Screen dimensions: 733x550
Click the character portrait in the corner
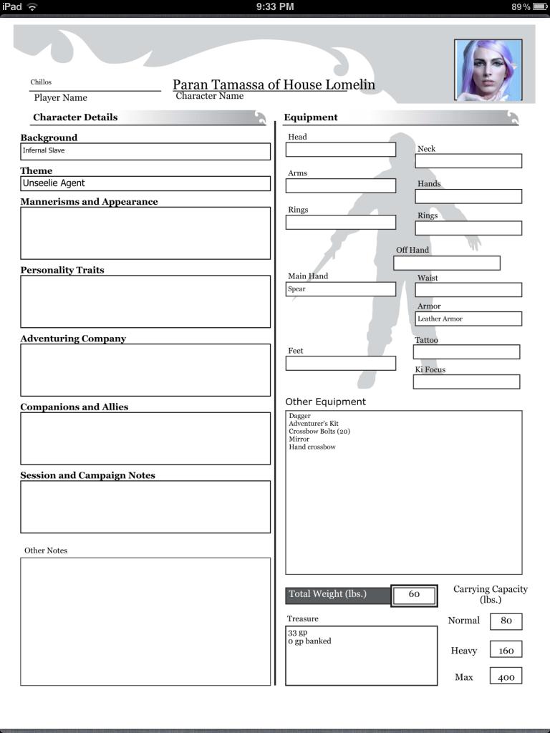coord(488,69)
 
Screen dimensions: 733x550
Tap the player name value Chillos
coord(42,82)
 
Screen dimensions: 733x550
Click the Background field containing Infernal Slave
coord(145,151)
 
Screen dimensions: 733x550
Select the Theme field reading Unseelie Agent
coord(145,183)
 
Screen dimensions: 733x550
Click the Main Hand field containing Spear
coord(340,289)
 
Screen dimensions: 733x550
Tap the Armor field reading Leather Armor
coord(468,319)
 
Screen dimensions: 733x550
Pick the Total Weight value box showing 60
coord(414,595)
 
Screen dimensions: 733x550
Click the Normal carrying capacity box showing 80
coord(506,621)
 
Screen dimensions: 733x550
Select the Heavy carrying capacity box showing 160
coord(506,650)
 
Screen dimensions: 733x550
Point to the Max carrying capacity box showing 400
coord(506,676)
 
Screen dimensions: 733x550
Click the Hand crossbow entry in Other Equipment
coord(312,447)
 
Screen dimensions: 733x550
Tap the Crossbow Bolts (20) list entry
coord(319,432)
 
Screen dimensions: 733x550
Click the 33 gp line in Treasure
coord(298,634)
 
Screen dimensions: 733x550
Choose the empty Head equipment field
coord(340,149)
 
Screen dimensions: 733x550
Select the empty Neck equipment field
coord(468,161)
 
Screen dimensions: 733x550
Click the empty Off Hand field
coord(446,263)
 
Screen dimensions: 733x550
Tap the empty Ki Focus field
coord(466,382)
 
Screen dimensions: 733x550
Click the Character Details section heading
coord(75,117)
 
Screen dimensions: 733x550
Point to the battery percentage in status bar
coord(521,6)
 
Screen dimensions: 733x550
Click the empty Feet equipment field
coord(340,363)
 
